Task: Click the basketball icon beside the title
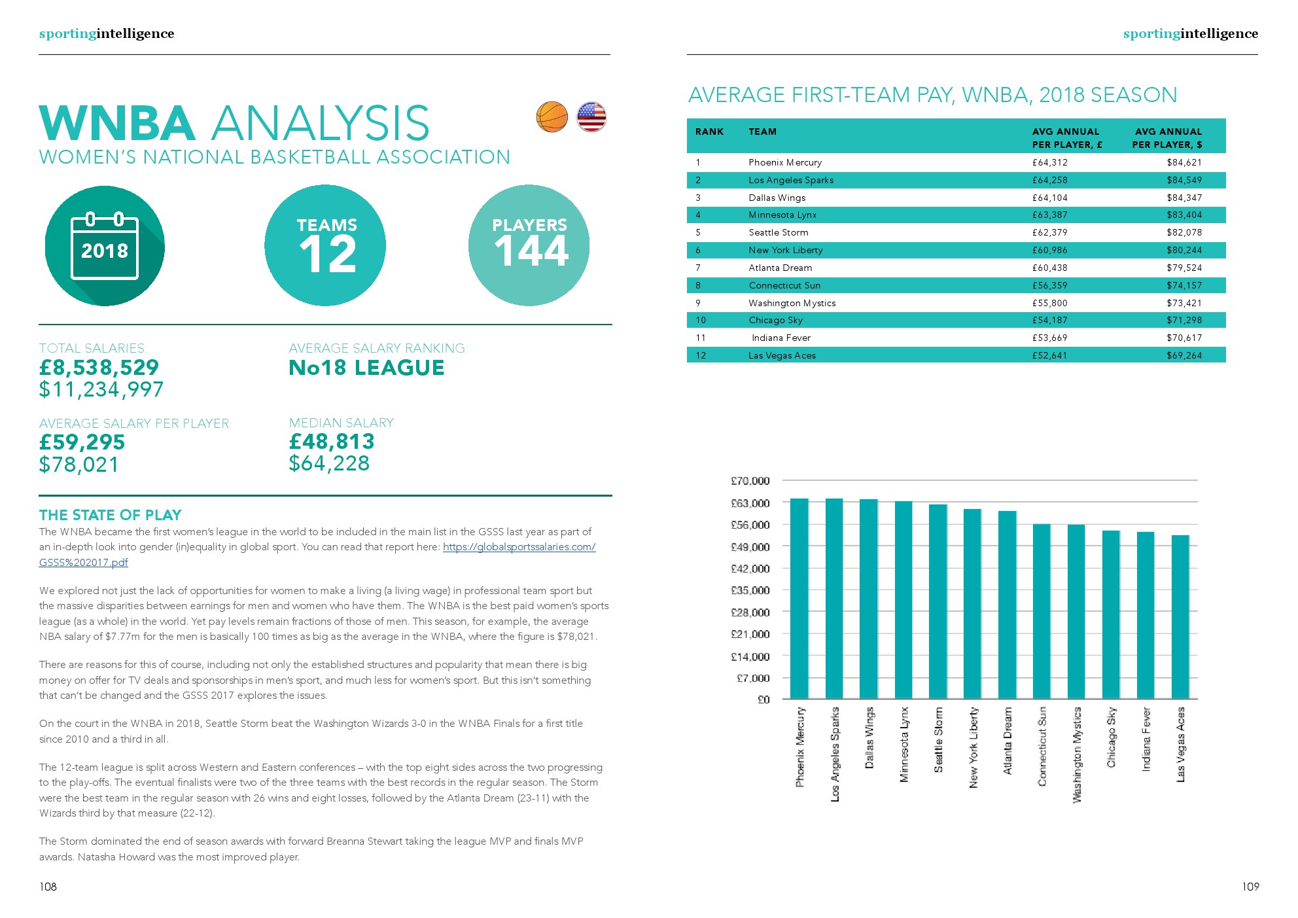[x=552, y=117]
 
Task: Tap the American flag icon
[x=591, y=117]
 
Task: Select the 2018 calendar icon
[x=105, y=246]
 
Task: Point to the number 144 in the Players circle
[x=531, y=251]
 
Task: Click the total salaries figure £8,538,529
[x=99, y=367]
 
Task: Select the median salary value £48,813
[x=332, y=442]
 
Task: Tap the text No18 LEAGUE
[x=366, y=368]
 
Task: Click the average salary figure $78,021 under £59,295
[x=79, y=465]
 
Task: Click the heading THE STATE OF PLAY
[x=110, y=515]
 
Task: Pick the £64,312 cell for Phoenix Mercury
[x=1049, y=162]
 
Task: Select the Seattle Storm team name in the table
[x=778, y=232]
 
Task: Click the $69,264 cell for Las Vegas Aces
[x=1184, y=355]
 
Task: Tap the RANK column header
[x=709, y=132]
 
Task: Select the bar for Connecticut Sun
[x=1042, y=611]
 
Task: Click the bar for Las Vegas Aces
[x=1180, y=616]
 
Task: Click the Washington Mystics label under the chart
[x=1077, y=754]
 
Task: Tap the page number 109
[x=1250, y=887]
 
